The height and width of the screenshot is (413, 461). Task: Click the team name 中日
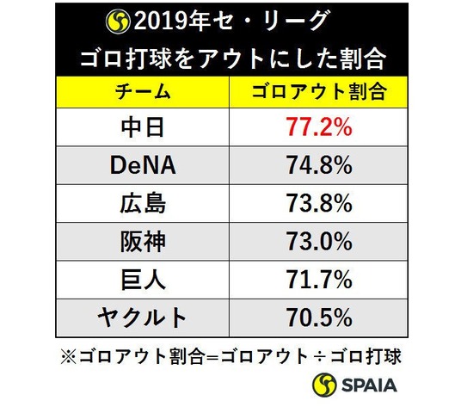tap(143, 127)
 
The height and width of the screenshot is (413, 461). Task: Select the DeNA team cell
tap(143, 165)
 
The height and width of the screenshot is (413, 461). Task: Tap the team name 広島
tap(143, 203)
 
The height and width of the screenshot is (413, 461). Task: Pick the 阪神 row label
tap(143, 242)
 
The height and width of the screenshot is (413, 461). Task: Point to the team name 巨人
tap(143, 280)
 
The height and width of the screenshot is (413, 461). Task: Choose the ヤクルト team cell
tap(142, 317)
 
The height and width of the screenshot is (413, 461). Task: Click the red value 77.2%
tap(319, 127)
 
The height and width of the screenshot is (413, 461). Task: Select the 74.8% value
tap(319, 165)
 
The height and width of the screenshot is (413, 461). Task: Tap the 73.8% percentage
tap(319, 203)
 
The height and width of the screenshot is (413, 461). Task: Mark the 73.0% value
tap(319, 242)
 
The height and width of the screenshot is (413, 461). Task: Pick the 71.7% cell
tap(319, 280)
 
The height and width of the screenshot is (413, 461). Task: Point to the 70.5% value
tap(319, 317)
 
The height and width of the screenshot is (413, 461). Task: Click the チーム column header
tap(143, 92)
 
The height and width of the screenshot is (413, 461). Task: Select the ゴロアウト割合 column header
tap(319, 92)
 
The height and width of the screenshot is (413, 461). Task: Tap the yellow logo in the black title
tap(118, 22)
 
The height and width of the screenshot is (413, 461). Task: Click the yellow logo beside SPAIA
tap(324, 385)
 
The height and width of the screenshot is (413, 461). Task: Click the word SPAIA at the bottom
tap(369, 385)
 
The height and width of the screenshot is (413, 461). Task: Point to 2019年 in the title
tap(171, 22)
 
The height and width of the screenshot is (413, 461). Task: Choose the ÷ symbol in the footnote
tap(319, 357)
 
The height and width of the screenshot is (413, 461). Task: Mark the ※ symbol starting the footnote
tap(69, 357)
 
